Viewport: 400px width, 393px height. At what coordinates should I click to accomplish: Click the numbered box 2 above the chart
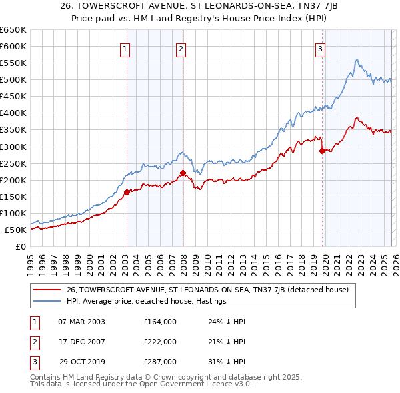coord(181,48)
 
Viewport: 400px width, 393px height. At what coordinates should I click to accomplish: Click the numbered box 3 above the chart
coord(321,48)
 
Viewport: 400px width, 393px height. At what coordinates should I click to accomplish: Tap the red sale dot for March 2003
coord(127,192)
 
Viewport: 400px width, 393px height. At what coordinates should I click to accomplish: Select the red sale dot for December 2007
coord(183,173)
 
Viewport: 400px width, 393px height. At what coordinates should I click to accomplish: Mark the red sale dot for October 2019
coord(322,151)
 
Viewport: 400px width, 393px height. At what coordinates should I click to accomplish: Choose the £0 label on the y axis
coord(20,247)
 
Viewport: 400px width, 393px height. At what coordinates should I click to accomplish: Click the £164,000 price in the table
coord(160,322)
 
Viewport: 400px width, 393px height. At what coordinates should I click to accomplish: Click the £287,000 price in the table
coord(160,362)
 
